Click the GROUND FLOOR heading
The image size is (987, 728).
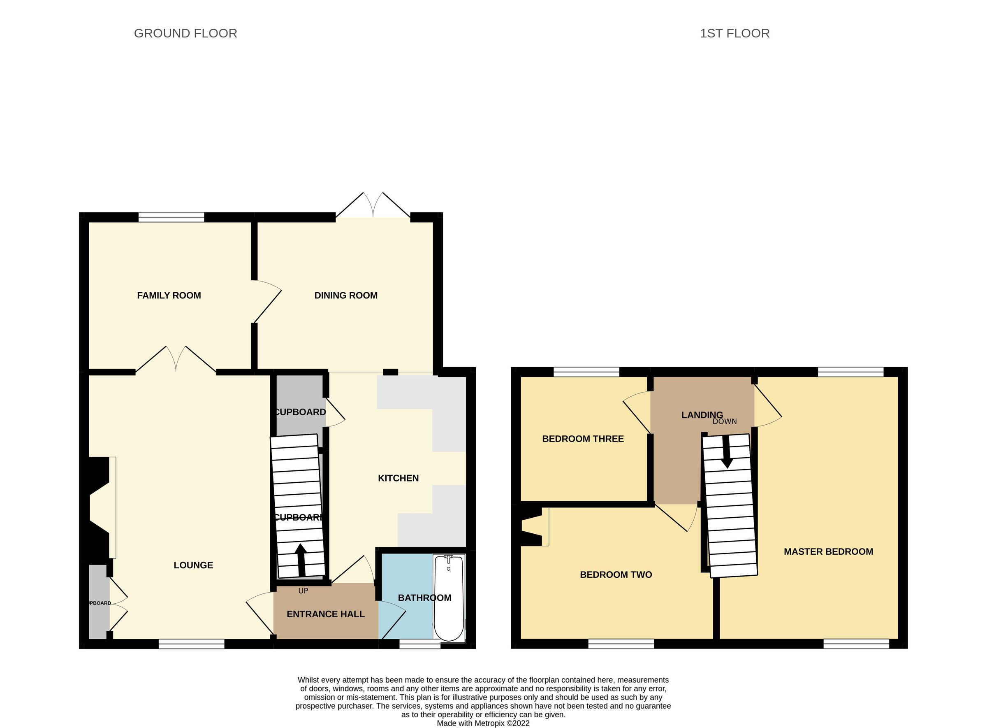tap(185, 33)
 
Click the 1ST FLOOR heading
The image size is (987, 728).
tap(734, 33)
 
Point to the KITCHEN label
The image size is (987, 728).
tap(398, 478)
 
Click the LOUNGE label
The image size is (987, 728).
tap(193, 565)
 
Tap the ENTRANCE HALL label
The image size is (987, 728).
tap(325, 614)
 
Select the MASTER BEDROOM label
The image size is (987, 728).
tap(828, 552)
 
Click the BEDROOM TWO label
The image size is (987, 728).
tap(616, 574)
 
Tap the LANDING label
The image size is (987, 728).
tap(702, 415)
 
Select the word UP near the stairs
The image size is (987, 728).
tap(303, 591)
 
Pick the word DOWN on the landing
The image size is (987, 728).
tap(725, 421)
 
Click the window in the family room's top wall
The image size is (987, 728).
tap(171, 217)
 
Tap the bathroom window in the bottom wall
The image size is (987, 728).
tap(420, 645)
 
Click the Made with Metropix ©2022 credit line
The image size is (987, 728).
tap(483, 723)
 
